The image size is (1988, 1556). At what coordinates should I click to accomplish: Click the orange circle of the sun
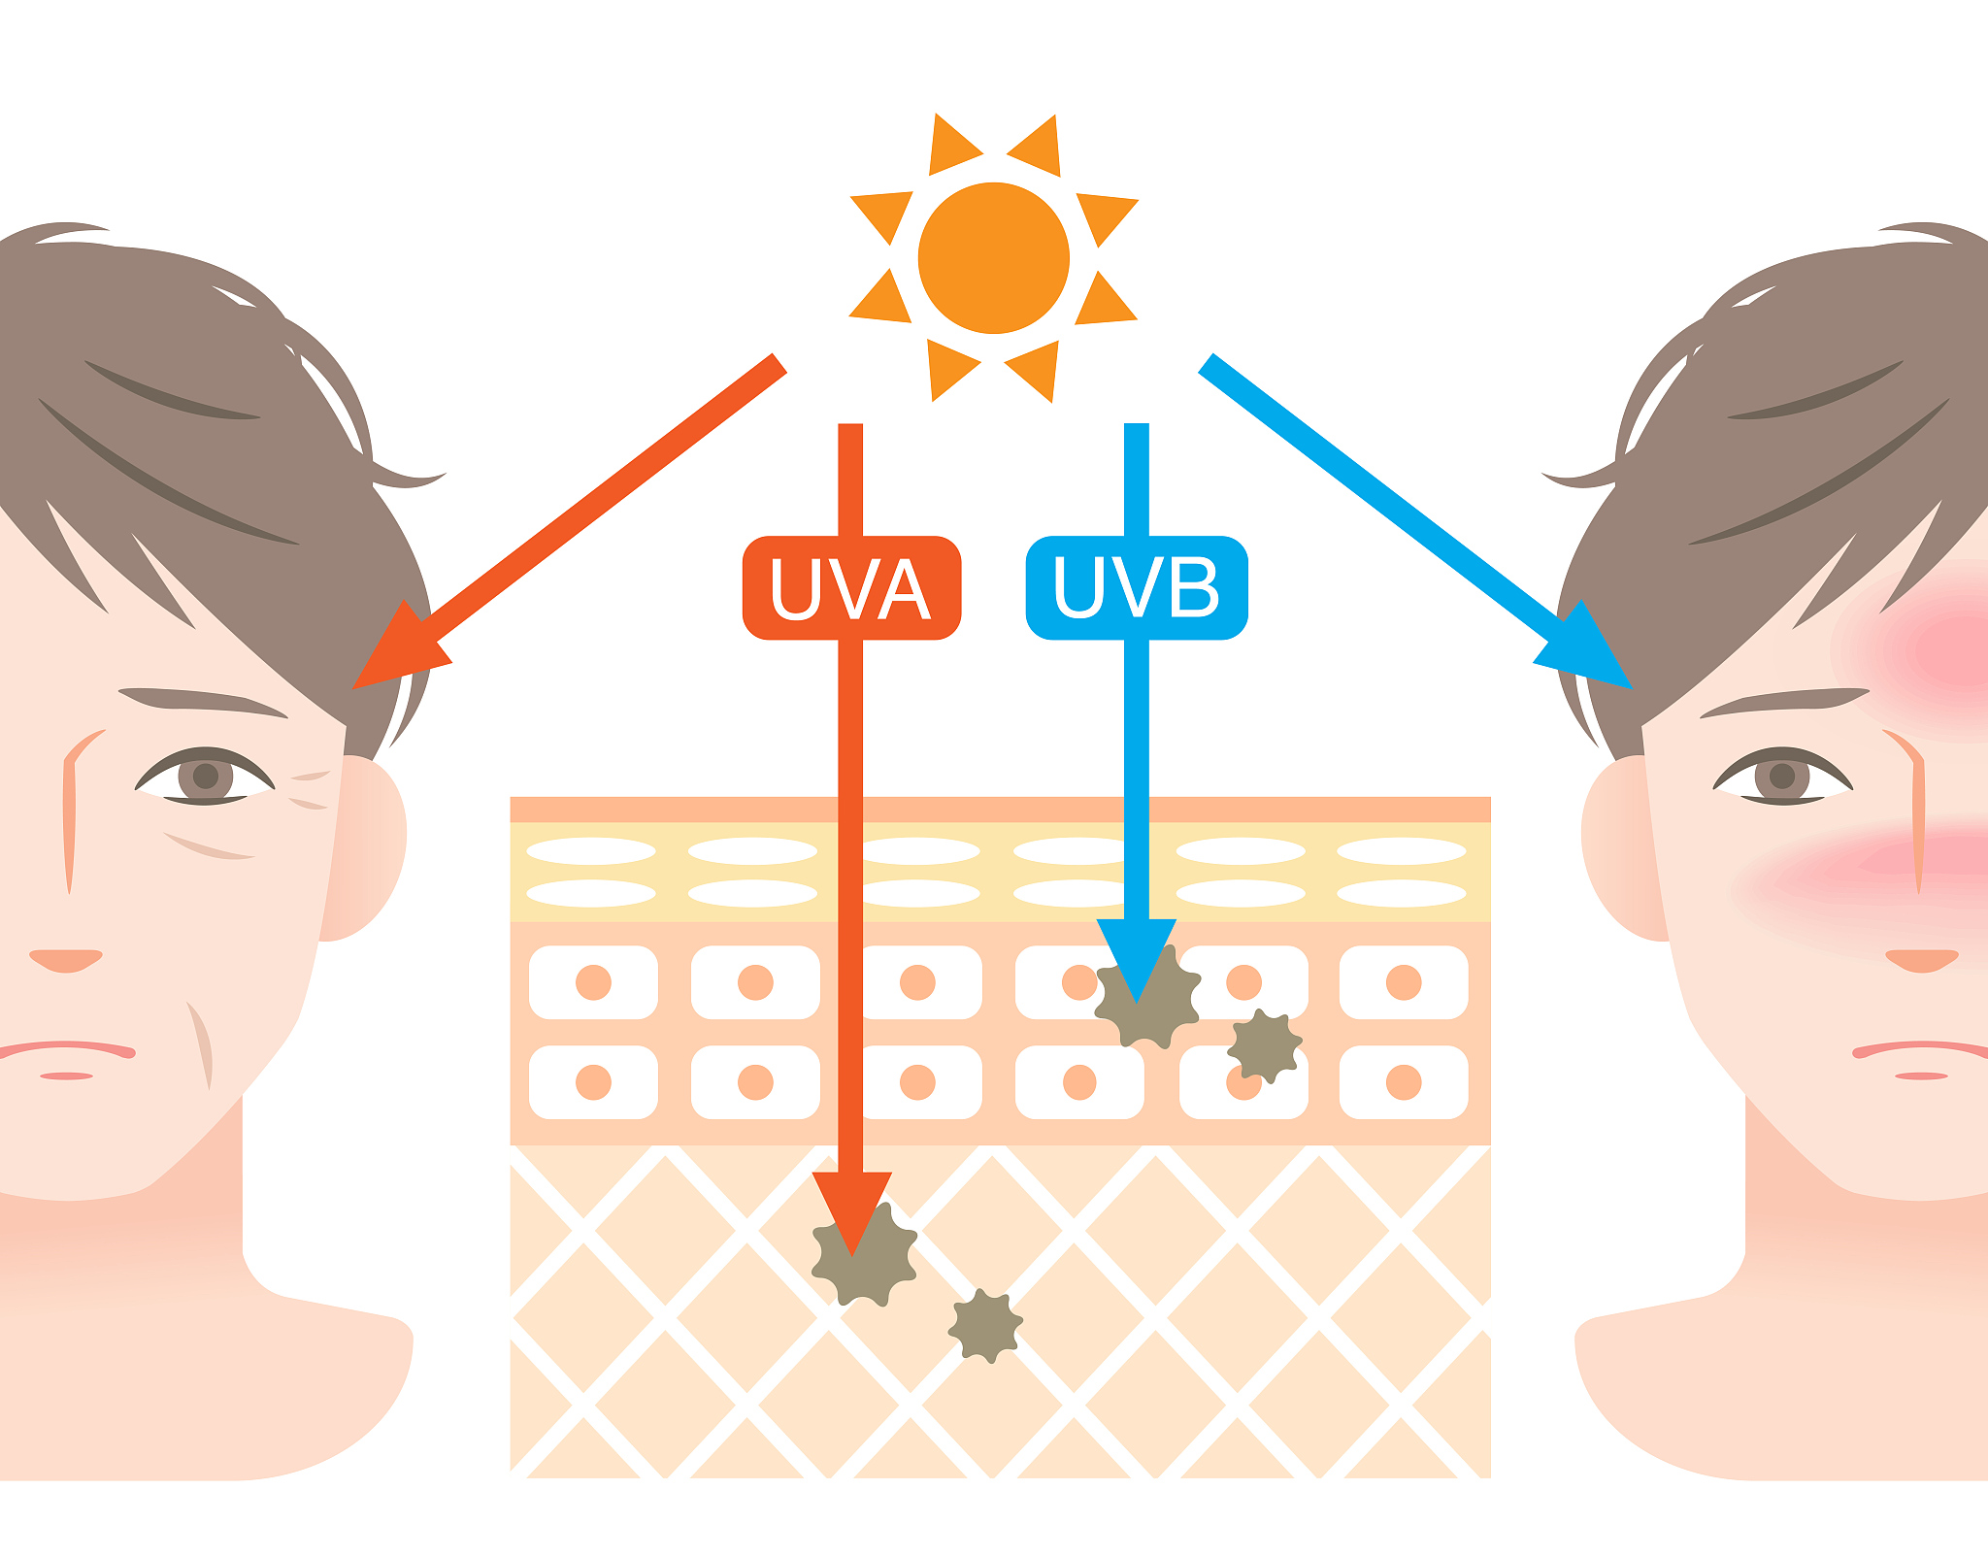click(994, 258)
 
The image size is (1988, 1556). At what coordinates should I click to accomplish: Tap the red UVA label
click(851, 588)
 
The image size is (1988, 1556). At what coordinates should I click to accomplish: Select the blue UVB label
click(1137, 588)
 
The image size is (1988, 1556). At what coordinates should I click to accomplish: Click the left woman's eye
click(205, 777)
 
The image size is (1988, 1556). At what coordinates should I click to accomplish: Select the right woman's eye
click(1782, 777)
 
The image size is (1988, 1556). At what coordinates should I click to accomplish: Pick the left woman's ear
click(363, 849)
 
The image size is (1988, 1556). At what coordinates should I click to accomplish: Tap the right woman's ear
click(1624, 849)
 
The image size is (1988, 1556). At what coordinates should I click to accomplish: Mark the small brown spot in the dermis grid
click(985, 1326)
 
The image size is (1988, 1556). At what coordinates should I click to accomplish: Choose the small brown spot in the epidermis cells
click(1264, 1045)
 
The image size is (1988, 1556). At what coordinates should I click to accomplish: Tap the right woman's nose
click(1921, 960)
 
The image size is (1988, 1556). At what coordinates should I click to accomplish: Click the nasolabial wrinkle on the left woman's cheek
click(200, 1044)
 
